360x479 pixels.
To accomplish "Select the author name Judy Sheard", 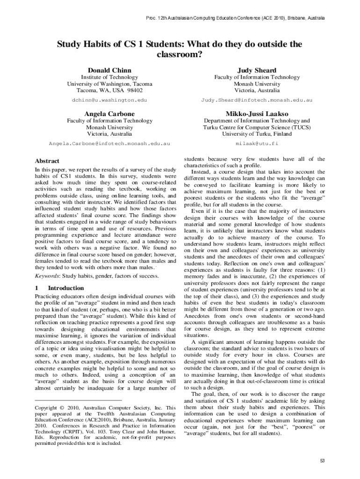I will click(x=257, y=70).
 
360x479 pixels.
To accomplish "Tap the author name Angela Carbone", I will click(x=109, y=114).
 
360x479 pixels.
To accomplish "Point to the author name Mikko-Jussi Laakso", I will click(x=257, y=114).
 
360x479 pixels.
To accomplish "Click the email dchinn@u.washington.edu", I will click(x=109, y=100).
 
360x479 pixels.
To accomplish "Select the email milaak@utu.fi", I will click(x=257, y=143).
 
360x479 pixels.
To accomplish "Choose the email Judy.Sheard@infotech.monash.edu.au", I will click(x=257, y=100).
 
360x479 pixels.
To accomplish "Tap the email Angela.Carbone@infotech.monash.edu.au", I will click(x=109, y=143).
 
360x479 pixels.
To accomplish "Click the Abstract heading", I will click(x=47, y=160).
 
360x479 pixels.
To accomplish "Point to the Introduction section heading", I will click(x=65, y=288).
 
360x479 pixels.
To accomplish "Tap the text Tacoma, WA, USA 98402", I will click(x=109, y=90).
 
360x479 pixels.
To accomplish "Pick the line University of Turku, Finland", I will click(x=257, y=134).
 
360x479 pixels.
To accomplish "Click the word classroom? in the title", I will click(x=180, y=54).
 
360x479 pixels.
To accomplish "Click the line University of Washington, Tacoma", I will click(x=109, y=84).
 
